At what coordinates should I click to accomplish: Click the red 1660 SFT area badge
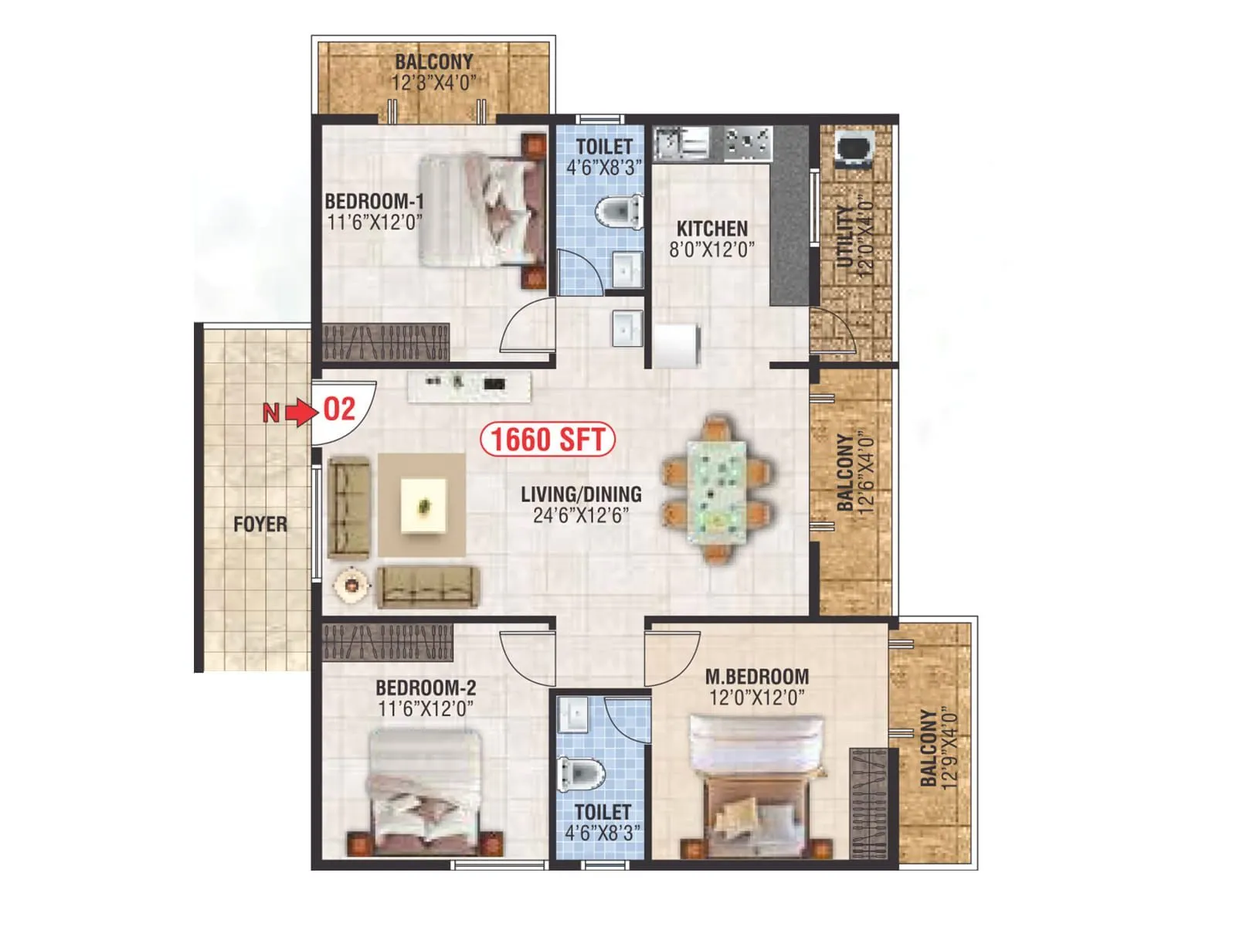[x=548, y=440]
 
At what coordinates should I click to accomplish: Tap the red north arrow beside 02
[x=301, y=413]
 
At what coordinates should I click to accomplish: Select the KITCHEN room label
[x=711, y=229]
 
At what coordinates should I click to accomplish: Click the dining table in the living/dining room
[x=717, y=487]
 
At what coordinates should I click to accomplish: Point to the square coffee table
[x=423, y=505]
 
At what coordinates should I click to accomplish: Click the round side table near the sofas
[x=352, y=585]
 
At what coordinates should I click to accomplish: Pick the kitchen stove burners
[x=748, y=143]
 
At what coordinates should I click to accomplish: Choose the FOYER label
[x=260, y=525]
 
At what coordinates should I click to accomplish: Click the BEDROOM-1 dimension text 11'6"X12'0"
[x=375, y=222]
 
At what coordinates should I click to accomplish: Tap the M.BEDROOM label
[x=757, y=677]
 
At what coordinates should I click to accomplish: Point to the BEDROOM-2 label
[x=426, y=688]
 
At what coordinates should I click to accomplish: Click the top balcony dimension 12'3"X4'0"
[x=433, y=82]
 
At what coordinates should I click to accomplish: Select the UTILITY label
[x=845, y=236]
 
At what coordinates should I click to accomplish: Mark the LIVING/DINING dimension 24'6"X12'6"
[x=581, y=515]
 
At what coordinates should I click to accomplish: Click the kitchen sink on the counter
[x=681, y=143]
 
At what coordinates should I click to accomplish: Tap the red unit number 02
[x=339, y=409]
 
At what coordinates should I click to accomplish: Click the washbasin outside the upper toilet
[x=626, y=328]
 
